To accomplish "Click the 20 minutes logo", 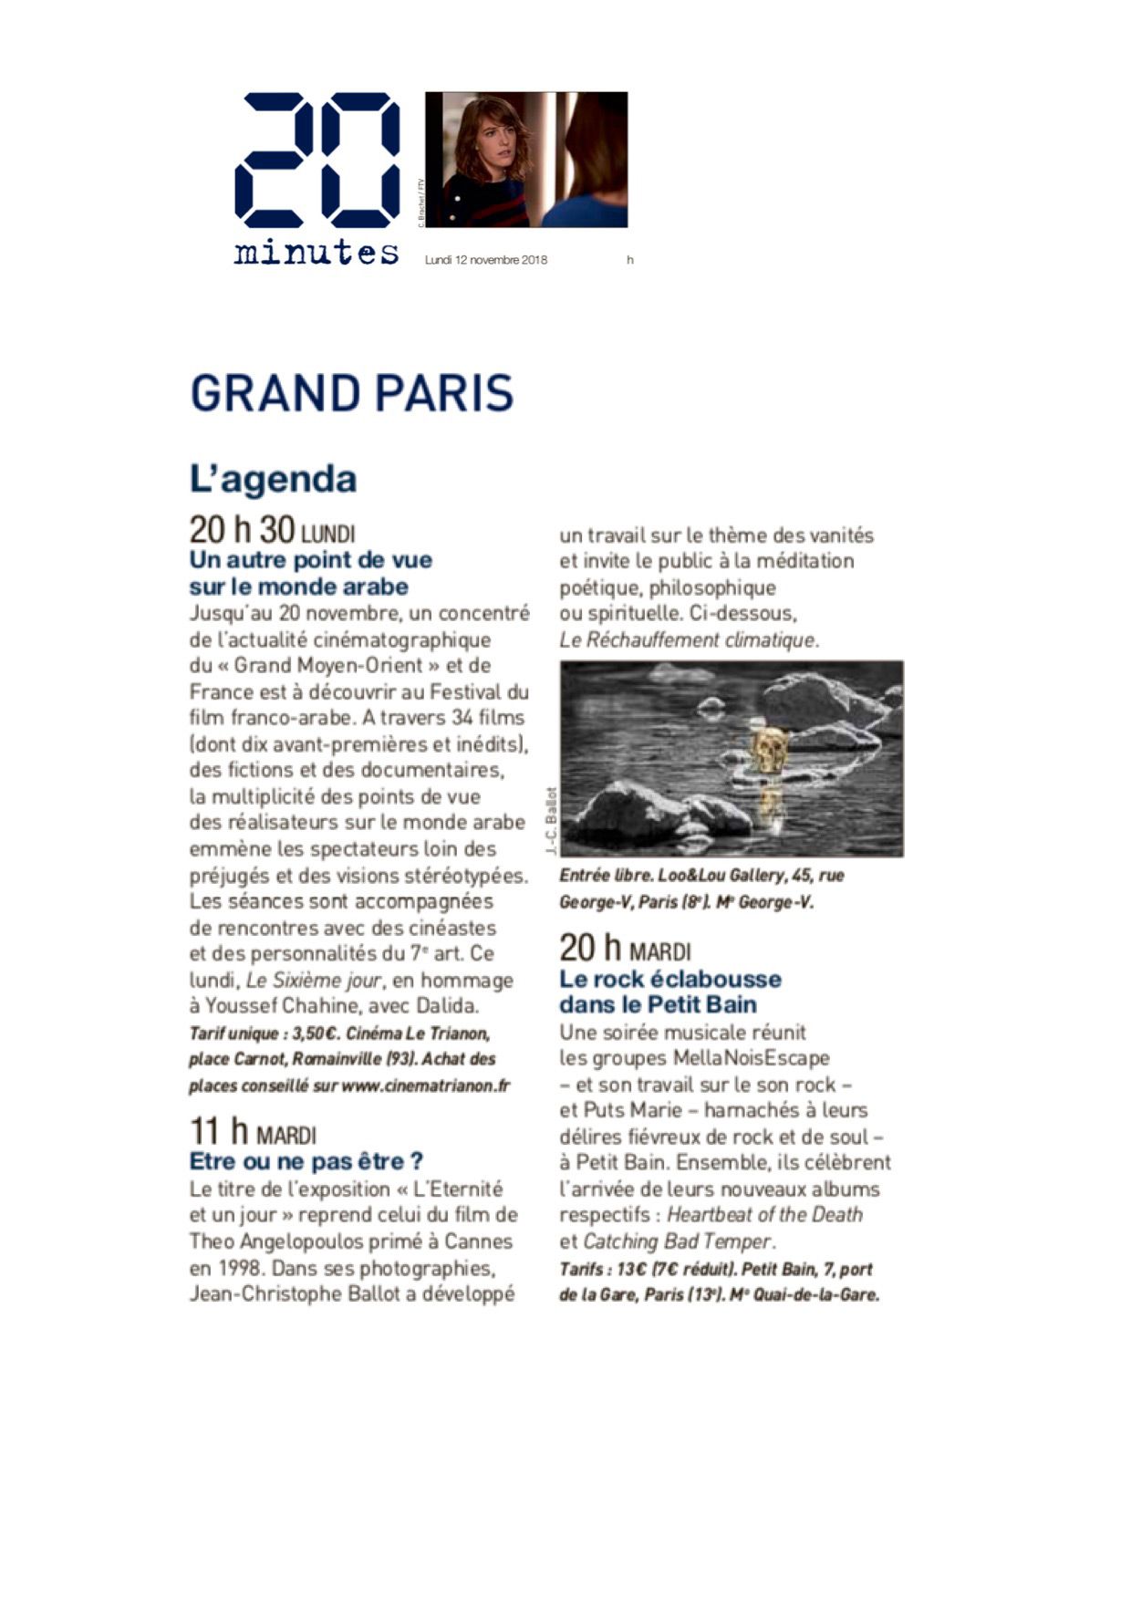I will pyautogui.click(x=316, y=178).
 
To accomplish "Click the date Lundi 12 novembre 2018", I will pyautogui.click(x=486, y=260).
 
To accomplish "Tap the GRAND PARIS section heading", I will pyautogui.click(x=351, y=393).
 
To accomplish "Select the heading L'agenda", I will pyautogui.click(x=273, y=479).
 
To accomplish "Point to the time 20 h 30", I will pyautogui.click(x=242, y=530).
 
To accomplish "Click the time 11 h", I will pyautogui.click(x=219, y=1132).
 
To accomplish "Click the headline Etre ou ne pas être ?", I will pyautogui.click(x=306, y=1161).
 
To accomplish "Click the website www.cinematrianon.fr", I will pyautogui.click(x=425, y=1085).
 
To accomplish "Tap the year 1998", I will pyautogui.click(x=241, y=1268).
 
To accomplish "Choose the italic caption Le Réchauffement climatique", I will pyautogui.click(x=688, y=639).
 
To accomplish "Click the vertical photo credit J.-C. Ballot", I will pyautogui.click(x=551, y=820).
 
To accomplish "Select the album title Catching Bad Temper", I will pyautogui.click(x=678, y=1241).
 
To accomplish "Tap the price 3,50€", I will pyautogui.click(x=316, y=1033).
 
